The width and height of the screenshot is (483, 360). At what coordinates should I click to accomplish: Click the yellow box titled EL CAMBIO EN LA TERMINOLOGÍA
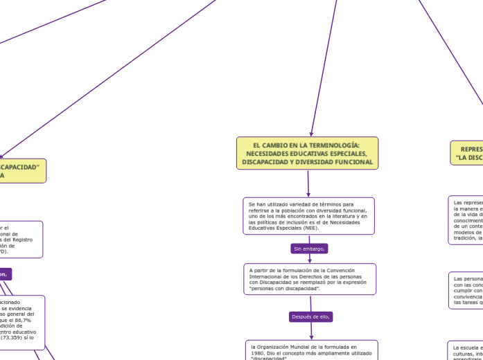tap(308, 153)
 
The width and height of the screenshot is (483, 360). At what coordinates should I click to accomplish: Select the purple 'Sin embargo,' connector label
tap(310, 249)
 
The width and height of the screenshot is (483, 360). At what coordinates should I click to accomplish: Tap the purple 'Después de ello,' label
tap(310, 316)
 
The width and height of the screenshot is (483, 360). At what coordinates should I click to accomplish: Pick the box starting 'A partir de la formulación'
tap(310, 278)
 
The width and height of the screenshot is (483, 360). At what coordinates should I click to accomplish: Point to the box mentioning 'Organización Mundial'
tap(311, 350)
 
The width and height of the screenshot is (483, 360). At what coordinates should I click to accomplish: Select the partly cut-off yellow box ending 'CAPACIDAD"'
tap(22, 171)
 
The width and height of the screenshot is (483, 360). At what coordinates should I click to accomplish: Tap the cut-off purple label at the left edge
tap(5, 273)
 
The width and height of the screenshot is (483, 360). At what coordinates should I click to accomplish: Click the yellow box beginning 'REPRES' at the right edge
tap(468, 153)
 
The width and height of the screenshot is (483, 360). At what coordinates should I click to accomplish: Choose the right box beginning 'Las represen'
tap(466, 221)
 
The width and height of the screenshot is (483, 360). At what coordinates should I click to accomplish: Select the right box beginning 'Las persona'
tap(466, 290)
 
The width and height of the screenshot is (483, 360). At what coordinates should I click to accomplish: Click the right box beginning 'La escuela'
tap(466, 350)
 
